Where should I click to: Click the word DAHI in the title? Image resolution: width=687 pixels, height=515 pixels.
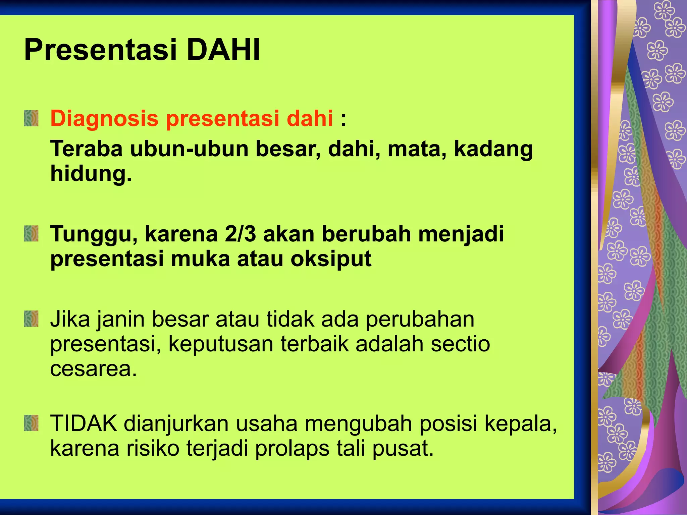pyautogui.click(x=223, y=50)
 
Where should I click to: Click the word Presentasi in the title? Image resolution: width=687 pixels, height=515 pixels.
pyautogui.click(x=101, y=50)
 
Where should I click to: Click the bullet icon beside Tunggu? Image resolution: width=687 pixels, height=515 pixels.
pyautogui.click(x=31, y=234)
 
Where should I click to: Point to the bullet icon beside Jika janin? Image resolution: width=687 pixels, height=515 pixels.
pyautogui.click(x=31, y=319)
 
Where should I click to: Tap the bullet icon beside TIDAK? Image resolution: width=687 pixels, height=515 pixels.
pyautogui.click(x=31, y=423)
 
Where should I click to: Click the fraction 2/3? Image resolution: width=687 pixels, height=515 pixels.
pyautogui.click(x=241, y=234)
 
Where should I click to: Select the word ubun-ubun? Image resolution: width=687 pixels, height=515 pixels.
pyautogui.click(x=189, y=149)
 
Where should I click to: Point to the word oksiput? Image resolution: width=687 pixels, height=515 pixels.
pyautogui.click(x=331, y=259)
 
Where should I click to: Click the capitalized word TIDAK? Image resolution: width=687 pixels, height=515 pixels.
pyautogui.click(x=84, y=423)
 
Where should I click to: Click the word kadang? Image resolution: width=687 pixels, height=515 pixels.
pyautogui.click(x=493, y=149)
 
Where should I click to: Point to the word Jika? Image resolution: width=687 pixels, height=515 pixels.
pyautogui.click(x=70, y=319)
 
